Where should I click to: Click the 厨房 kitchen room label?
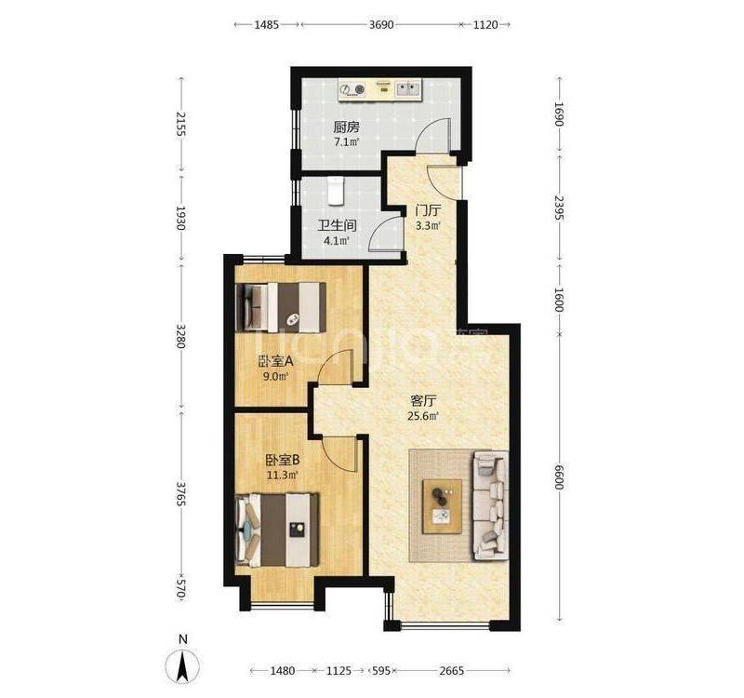click(346, 127)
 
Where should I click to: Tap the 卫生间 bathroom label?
click(337, 225)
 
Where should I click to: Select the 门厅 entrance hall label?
click(428, 210)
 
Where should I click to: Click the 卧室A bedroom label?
click(275, 361)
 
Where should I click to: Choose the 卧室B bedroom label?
click(282, 460)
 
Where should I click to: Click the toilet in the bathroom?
click(336, 191)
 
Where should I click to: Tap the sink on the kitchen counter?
click(408, 88)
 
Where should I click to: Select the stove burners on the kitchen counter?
click(353, 89)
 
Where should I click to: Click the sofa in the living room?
click(491, 506)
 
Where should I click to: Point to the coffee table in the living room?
click(443, 506)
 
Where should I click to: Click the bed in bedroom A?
click(281, 307)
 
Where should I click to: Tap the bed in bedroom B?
click(277, 530)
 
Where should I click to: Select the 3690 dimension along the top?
click(381, 25)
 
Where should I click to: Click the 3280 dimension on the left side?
click(180, 336)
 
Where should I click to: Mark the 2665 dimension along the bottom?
click(452, 670)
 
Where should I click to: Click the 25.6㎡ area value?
click(423, 416)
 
